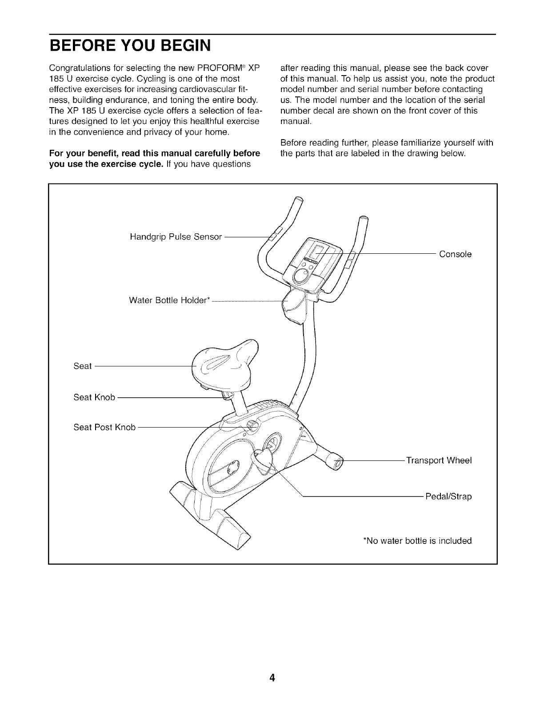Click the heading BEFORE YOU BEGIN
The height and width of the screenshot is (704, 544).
coord(130,46)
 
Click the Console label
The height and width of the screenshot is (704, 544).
coord(455,254)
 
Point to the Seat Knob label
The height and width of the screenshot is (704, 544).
coord(94,397)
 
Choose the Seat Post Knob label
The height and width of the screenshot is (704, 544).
coord(104,427)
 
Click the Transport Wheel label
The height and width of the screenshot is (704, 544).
coord(439,460)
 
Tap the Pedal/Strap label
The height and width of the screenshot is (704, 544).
coord(448,496)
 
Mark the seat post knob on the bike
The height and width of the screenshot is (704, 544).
coord(252,425)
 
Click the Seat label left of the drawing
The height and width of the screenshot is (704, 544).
coord(82,366)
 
